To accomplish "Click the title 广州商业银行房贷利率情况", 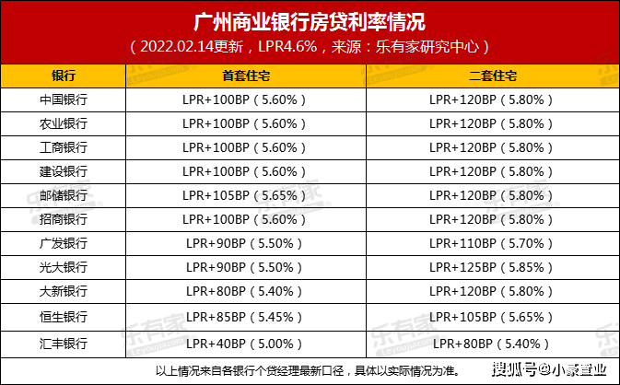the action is click(x=310, y=22).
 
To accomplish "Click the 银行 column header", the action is click(x=64, y=76).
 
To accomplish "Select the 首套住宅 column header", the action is click(x=246, y=76).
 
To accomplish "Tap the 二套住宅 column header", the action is click(x=493, y=76).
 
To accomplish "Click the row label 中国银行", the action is click(x=64, y=99).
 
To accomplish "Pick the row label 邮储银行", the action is click(x=64, y=195).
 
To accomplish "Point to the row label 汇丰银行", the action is click(x=64, y=344).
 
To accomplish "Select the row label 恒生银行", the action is click(x=64, y=317).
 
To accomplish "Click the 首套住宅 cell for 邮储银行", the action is click(x=244, y=195).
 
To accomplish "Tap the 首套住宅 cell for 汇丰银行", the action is click(x=244, y=344).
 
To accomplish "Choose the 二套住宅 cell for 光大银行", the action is click(x=491, y=267).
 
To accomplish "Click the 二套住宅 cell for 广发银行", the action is click(x=491, y=243).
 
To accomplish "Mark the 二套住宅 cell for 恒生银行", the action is click(x=491, y=317).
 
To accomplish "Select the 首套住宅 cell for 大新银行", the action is click(x=244, y=291).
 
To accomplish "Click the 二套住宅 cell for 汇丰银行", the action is click(x=491, y=344).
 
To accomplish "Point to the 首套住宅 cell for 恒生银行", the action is click(x=244, y=317).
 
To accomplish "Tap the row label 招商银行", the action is click(x=64, y=219).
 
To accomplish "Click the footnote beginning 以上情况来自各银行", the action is click(x=308, y=371).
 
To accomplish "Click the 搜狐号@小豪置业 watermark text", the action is click(x=549, y=369).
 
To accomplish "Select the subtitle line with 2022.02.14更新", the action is click(x=310, y=47).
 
